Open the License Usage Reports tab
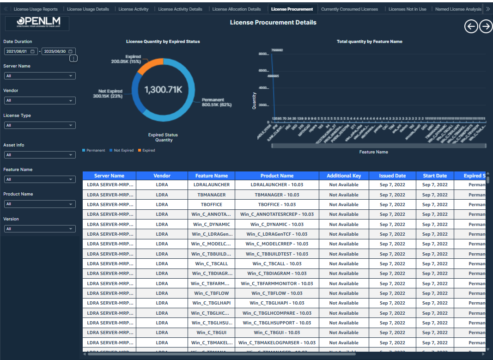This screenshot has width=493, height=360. click(x=36, y=9)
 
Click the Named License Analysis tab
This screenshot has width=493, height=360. click(x=458, y=9)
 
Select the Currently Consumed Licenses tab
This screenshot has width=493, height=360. click(x=349, y=9)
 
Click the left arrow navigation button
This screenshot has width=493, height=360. click(x=471, y=27)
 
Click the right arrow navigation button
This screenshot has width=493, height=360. click(x=486, y=27)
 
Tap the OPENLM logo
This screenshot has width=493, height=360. click(x=37, y=23)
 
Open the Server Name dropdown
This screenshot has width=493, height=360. click(x=39, y=76)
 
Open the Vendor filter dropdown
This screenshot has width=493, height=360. click(x=39, y=100)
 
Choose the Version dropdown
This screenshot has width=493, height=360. click(x=39, y=229)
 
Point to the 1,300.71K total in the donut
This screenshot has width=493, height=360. click(x=163, y=90)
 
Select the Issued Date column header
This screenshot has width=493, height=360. click(x=392, y=176)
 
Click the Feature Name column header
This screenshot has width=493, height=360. click(x=211, y=176)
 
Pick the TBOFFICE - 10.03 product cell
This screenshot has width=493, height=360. click(x=277, y=204)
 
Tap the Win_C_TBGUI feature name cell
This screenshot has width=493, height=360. click(x=211, y=333)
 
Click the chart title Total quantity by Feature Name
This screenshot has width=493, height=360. click(x=369, y=42)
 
